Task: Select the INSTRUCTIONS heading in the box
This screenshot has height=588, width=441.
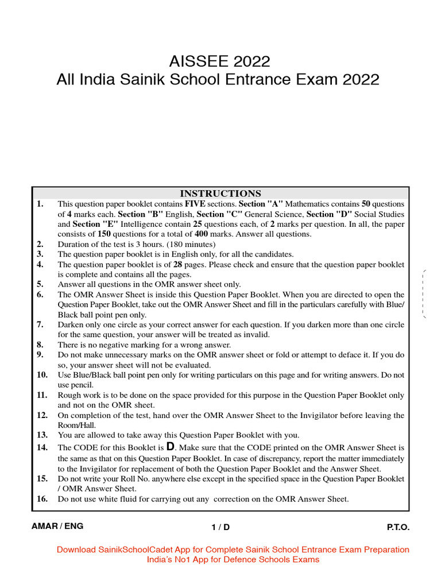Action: click(x=220, y=194)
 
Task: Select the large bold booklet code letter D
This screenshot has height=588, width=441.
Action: click(x=170, y=446)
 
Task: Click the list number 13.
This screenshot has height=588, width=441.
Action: click(x=42, y=435)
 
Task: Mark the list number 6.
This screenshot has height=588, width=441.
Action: click(x=40, y=295)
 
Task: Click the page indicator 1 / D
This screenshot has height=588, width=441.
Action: click(x=220, y=527)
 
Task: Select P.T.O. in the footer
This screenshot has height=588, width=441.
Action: click(x=398, y=527)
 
